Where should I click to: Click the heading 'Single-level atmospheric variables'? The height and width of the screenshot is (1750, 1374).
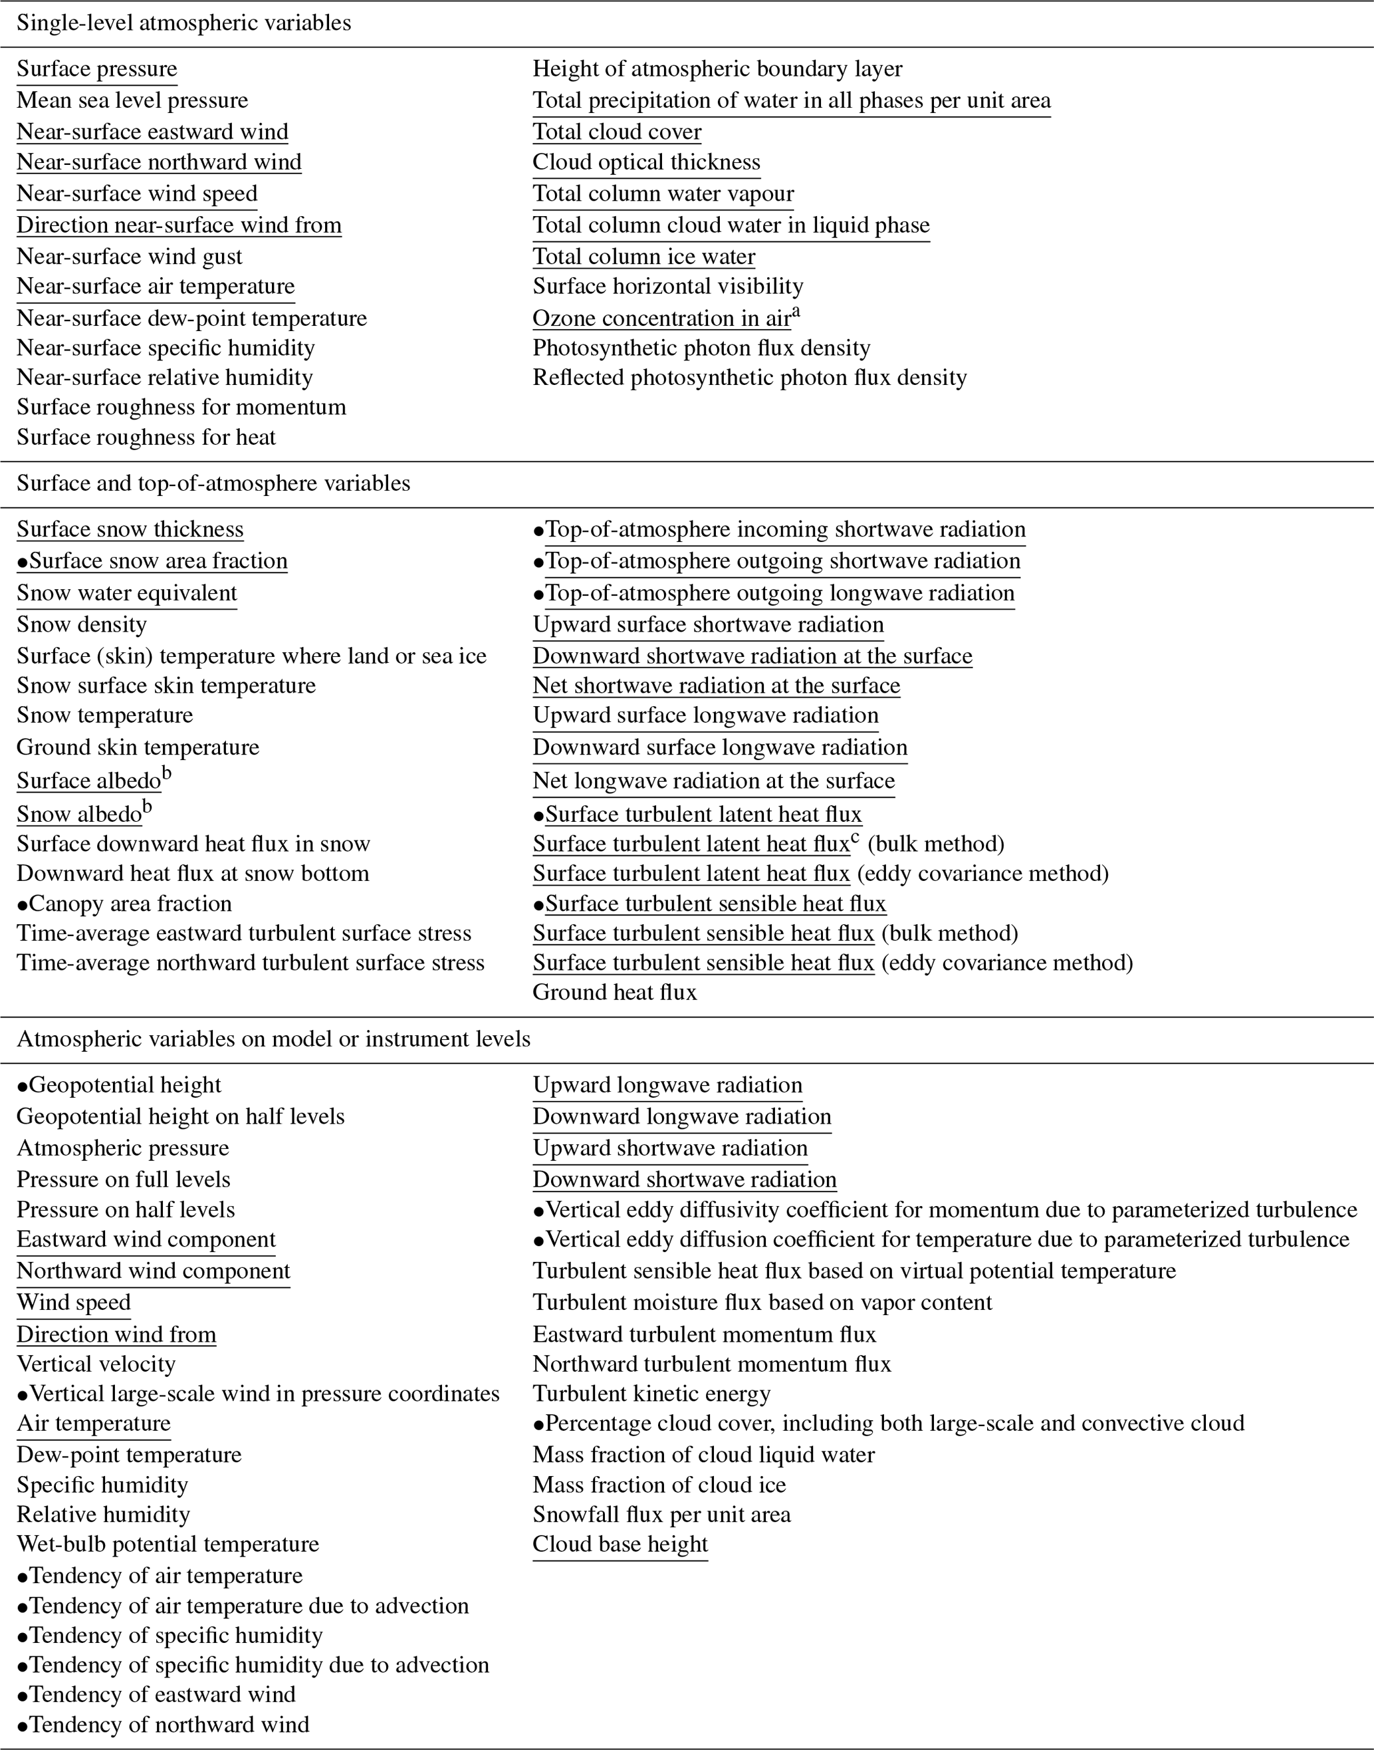coord(183,23)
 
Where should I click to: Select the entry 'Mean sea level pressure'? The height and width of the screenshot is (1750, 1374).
coord(132,100)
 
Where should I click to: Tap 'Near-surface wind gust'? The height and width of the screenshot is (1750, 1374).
coord(129,257)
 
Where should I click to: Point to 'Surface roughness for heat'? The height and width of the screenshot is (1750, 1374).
coord(146,437)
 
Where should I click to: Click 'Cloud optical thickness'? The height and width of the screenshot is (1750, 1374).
coord(646,162)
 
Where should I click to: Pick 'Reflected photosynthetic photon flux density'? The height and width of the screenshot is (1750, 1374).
coord(749,378)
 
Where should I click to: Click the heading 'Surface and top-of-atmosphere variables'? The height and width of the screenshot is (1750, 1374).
coord(213,483)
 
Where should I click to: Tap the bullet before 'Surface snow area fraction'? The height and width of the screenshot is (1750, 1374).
coord(23,562)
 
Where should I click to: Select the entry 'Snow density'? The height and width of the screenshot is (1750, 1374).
coord(81,625)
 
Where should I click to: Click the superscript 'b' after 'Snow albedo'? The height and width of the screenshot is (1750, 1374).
coord(147,808)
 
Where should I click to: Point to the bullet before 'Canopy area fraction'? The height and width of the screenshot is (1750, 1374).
coord(23,905)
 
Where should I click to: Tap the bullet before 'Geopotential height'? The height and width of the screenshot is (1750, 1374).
coord(23,1086)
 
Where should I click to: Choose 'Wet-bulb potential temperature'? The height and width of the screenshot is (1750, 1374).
coord(168,1544)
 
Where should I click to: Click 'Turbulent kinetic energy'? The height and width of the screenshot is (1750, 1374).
coord(651,1394)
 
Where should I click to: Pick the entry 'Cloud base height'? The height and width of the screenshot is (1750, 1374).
coord(620,1544)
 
